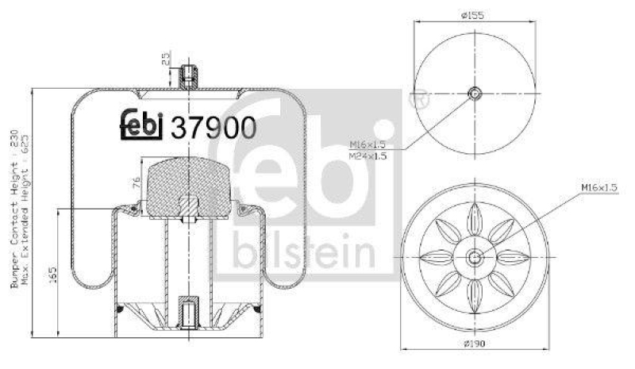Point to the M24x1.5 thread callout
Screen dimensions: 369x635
369,156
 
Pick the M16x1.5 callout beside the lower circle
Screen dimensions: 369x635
598,186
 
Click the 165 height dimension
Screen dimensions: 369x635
52,274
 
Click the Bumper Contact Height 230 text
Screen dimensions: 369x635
15,209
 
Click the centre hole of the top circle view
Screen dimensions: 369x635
475,93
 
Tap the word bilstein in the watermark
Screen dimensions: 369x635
304,252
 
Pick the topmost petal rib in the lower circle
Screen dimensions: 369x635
474,216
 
